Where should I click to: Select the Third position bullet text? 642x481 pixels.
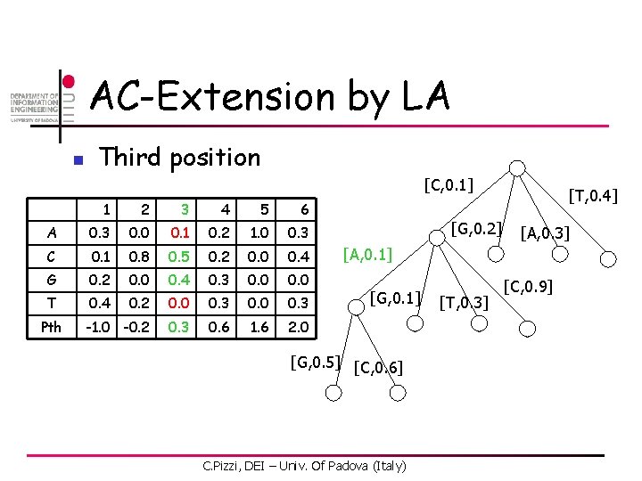(x=180, y=158)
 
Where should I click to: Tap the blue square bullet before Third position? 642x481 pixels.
(x=78, y=161)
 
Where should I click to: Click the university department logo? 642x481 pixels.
(x=34, y=107)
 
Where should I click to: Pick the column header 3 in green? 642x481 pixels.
(x=184, y=208)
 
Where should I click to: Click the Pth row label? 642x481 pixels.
(x=52, y=327)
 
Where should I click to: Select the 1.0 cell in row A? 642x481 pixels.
(x=265, y=232)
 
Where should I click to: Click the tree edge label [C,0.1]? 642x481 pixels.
(x=449, y=185)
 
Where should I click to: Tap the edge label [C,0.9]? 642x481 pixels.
(x=528, y=287)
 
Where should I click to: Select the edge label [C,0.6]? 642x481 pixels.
(x=378, y=367)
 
